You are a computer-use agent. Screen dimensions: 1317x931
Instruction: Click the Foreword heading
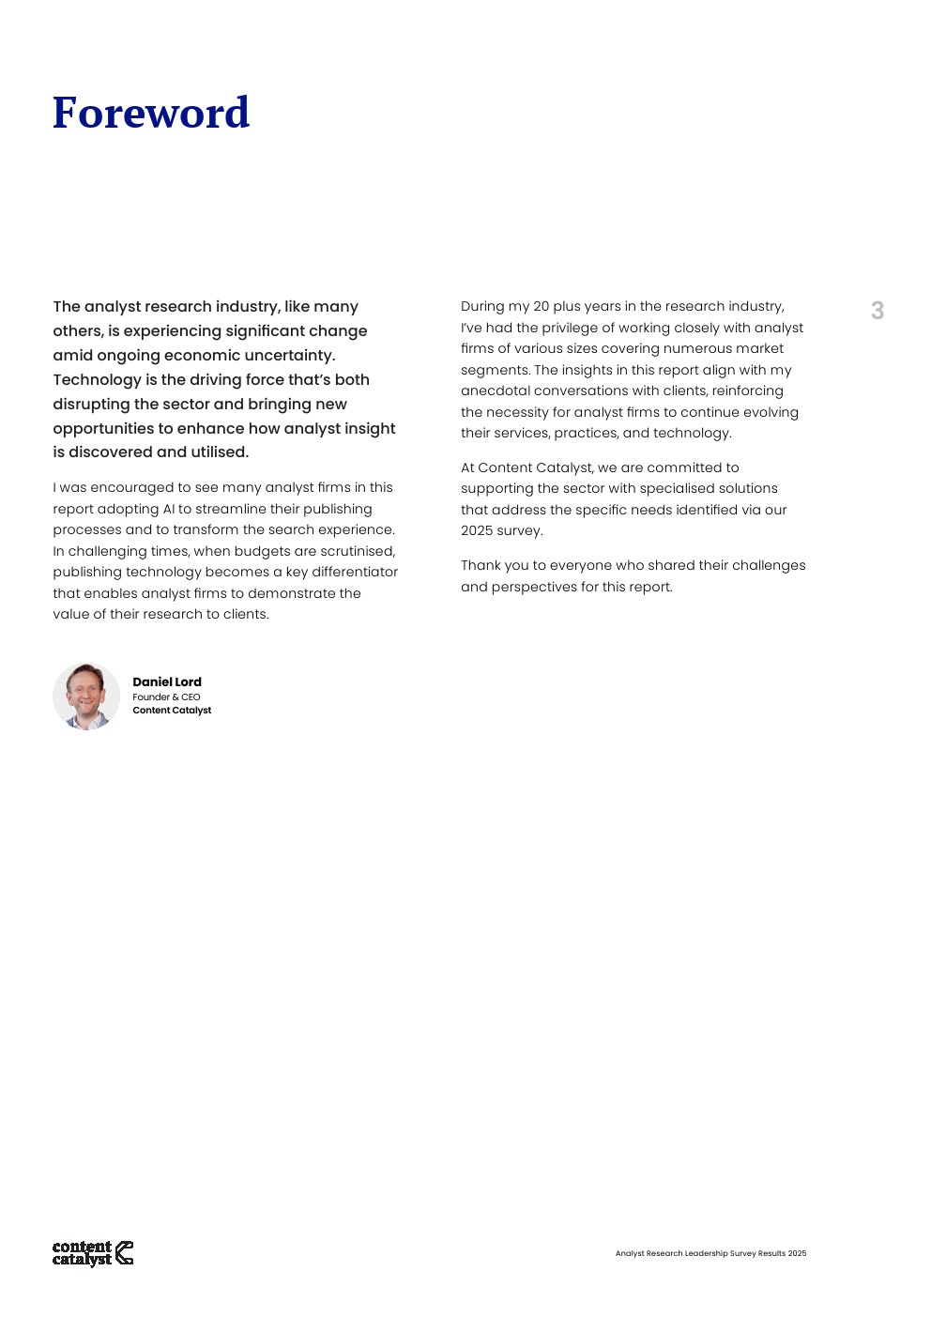(151, 114)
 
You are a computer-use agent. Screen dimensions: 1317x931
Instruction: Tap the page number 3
(877, 311)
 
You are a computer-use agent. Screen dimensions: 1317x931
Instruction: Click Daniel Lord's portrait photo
(86, 697)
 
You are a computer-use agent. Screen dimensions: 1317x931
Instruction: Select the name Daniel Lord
(167, 682)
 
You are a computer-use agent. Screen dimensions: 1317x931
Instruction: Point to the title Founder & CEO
(166, 697)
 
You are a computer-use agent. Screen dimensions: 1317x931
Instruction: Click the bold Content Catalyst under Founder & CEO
(172, 711)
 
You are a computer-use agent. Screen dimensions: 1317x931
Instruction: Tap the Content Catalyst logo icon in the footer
(124, 1253)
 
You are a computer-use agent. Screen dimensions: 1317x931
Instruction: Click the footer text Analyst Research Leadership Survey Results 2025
(710, 1253)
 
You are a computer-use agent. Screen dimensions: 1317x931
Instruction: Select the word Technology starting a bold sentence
(97, 380)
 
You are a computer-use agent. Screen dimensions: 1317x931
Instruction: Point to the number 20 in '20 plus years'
(542, 307)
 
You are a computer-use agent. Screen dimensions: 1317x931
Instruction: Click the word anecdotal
(495, 391)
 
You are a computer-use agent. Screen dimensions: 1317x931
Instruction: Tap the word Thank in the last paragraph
(481, 566)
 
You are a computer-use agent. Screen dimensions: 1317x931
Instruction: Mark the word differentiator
(355, 572)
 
